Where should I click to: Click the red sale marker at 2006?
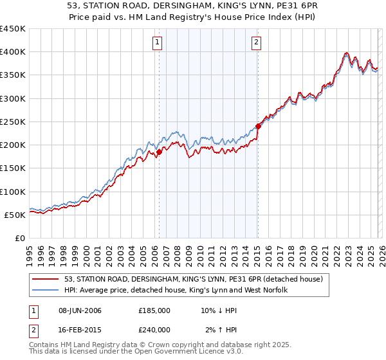pos(159,152)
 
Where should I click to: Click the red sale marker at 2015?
pos(258,127)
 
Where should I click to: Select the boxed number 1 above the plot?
pos(158,43)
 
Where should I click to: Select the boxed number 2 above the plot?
pos(256,43)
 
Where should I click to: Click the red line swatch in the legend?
pos(46,278)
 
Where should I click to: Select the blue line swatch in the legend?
pos(46,290)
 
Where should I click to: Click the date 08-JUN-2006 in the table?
pos(80,310)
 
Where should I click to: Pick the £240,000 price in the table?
pos(154,329)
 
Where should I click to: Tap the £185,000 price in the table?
pos(154,310)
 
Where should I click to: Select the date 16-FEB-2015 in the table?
pos(80,329)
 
